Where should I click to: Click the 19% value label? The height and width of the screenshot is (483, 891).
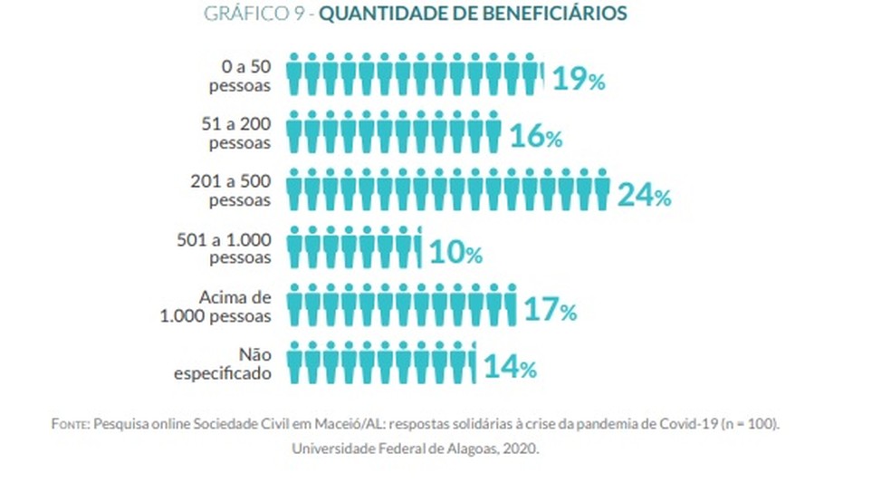coord(578,80)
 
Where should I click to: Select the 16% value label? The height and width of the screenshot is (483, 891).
coord(536,137)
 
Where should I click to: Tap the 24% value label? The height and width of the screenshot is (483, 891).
coord(644,195)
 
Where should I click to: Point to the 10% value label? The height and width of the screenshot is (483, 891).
coord(454,253)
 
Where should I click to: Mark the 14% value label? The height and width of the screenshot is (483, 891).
coord(510,368)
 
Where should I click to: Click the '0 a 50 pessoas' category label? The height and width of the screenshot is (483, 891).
coord(240,79)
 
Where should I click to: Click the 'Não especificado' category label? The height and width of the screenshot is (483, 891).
coord(226,365)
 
